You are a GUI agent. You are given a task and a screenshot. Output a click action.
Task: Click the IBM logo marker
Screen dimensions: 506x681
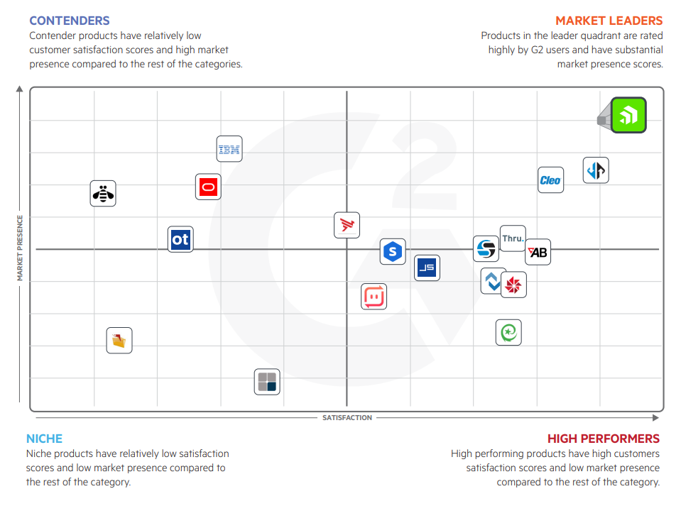229,149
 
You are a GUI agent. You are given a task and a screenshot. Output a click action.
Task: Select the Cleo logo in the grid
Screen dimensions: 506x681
550,180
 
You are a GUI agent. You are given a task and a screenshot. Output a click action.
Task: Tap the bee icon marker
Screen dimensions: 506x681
103,193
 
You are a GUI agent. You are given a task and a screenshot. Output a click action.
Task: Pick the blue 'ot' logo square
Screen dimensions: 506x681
180,240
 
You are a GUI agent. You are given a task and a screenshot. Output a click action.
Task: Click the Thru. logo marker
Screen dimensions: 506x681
513,238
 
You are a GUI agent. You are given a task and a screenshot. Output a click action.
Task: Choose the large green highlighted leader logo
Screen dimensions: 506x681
628,115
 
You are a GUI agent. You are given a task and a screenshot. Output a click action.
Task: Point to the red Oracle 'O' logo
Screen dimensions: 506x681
208,187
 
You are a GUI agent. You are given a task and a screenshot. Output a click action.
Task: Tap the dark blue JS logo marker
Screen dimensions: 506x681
427,268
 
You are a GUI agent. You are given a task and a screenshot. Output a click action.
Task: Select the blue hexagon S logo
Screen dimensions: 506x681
392,251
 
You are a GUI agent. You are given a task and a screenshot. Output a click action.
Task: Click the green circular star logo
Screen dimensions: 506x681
508,332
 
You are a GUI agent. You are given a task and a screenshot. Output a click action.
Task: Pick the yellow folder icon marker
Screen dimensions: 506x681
119,341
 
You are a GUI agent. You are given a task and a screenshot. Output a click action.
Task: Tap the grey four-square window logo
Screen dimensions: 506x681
267,382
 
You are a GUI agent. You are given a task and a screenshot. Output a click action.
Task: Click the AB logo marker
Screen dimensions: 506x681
538,252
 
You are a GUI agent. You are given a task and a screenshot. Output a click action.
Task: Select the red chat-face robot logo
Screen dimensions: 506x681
374,296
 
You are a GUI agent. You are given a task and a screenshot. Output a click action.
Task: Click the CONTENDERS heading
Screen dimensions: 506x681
70,21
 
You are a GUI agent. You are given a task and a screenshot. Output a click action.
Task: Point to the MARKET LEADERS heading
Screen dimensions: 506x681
609,21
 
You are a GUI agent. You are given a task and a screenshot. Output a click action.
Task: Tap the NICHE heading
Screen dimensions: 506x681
45,439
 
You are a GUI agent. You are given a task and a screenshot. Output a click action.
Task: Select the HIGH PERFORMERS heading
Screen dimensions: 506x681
603,439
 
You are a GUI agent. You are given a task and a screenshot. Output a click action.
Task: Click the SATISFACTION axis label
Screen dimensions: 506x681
347,418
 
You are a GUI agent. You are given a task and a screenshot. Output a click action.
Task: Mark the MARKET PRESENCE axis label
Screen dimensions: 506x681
20,248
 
